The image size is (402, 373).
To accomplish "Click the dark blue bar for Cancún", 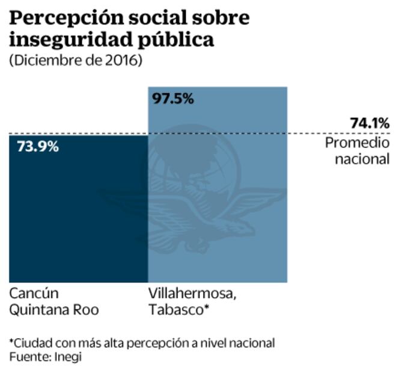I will pyautogui.click(x=78, y=211).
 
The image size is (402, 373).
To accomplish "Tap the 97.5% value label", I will pyautogui.click(x=173, y=99).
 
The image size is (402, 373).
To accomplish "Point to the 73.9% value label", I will pyautogui.click(x=34, y=146).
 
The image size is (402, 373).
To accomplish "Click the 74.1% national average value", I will pyautogui.click(x=370, y=123).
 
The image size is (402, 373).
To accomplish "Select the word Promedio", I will pyautogui.click(x=358, y=143).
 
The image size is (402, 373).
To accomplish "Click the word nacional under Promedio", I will pyautogui.click(x=362, y=159).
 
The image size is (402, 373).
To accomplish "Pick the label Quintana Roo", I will pyautogui.click(x=54, y=310).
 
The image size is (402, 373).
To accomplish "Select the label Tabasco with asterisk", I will pyautogui.click(x=179, y=310).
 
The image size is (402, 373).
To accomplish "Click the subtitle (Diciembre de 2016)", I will pyautogui.click(x=75, y=61).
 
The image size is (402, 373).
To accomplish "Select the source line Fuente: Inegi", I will pyautogui.click(x=45, y=357).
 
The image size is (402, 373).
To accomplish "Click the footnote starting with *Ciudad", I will pyautogui.click(x=142, y=343).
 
